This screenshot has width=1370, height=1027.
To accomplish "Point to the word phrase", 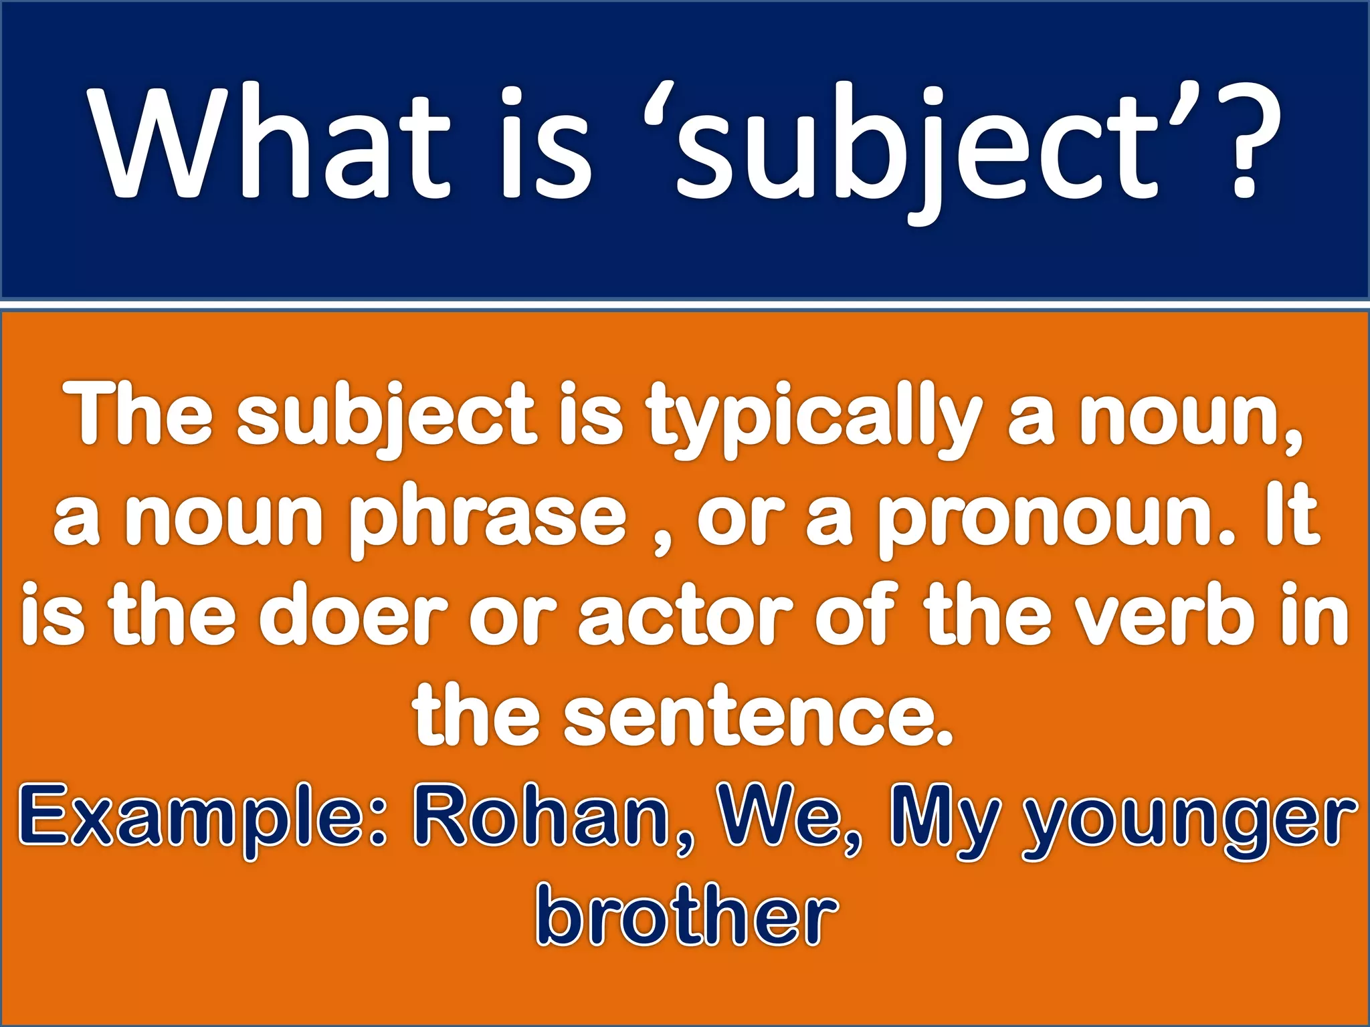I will [x=487, y=522].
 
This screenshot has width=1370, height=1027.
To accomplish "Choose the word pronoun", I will [x=1054, y=522].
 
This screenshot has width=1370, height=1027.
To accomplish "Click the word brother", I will [x=686, y=916].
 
